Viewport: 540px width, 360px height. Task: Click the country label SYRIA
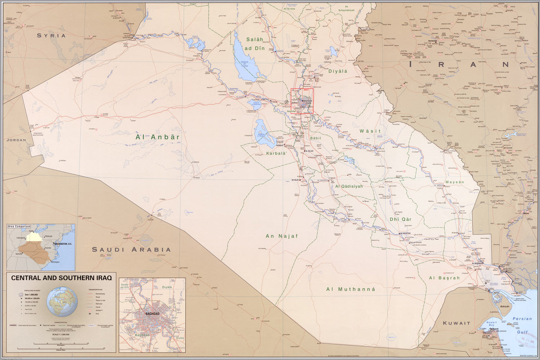(x=52, y=36)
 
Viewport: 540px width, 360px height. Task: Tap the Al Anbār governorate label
(x=157, y=137)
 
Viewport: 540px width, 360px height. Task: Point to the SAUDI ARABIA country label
(x=131, y=249)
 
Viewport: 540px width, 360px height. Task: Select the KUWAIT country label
(x=456, y=323)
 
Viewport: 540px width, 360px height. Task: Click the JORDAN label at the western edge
(x=16, y=140)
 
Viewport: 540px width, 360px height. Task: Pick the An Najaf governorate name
(x=282, y=236)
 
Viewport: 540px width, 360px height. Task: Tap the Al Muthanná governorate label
(x=351, y=289)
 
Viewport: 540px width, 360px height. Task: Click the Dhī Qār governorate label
(x=400, y=219)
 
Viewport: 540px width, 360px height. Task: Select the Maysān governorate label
(x=455, y=182)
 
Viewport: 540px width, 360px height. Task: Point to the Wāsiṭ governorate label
(x=370, y=131)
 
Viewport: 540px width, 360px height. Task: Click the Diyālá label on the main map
(x=338, y=71)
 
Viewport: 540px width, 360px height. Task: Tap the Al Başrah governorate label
(x=444, y=278)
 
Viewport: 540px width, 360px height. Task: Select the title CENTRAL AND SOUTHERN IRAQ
(x=61, y=278)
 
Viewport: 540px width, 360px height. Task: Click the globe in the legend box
(x=62, y=302)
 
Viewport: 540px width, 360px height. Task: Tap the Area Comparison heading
(x=19, y=226)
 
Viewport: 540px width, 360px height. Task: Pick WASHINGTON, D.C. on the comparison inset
(x=63, y=244)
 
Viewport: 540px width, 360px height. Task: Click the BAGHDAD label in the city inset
(x=152, y=314)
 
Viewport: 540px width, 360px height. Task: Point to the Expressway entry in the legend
(x=100, y=294)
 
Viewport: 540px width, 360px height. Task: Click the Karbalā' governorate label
(x=276, y=153)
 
